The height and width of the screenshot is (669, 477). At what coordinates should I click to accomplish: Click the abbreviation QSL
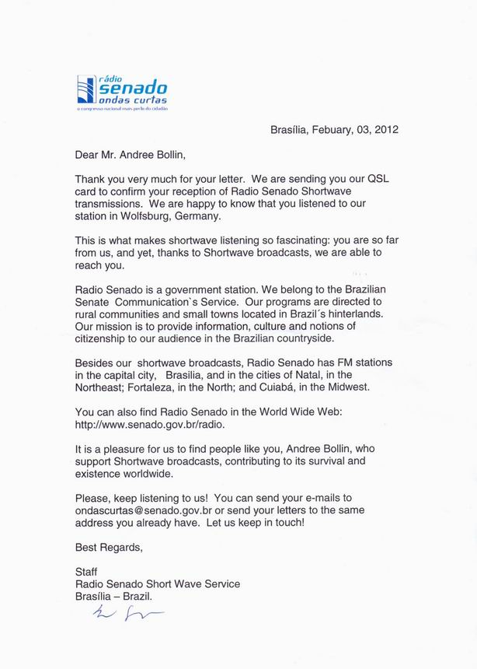[x=374, y=178]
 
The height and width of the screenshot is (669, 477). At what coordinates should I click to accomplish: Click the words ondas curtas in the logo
[x=133, y=101]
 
